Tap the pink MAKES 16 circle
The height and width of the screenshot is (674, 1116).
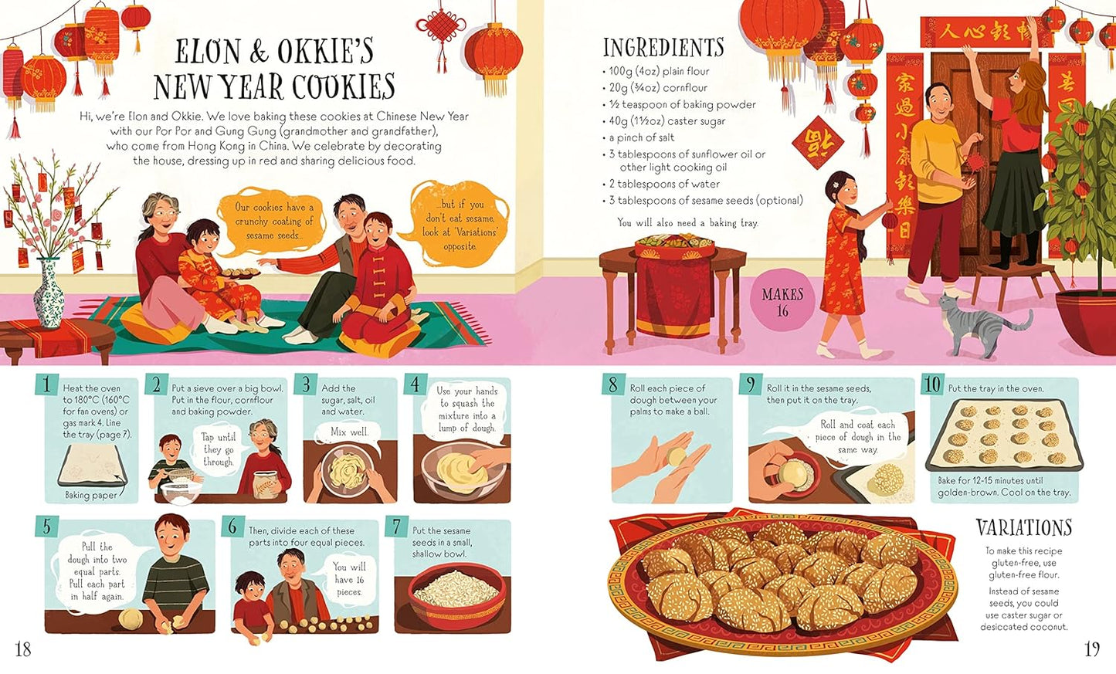point(782,302)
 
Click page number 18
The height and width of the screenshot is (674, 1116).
point(23,649)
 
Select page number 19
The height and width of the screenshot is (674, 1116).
point(1091,649)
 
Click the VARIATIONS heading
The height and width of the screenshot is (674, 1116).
point(1024,528)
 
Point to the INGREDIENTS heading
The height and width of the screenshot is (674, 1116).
point(663,48)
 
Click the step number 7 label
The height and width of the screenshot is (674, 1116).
point(397,527)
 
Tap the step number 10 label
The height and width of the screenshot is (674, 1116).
point(932,384)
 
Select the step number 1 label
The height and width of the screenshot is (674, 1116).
point(47,384)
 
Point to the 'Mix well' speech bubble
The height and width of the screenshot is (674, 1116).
point(349,432)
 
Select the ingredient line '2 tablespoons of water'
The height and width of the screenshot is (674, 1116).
point(664,184)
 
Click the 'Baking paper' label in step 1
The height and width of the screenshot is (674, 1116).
point(90,496)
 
